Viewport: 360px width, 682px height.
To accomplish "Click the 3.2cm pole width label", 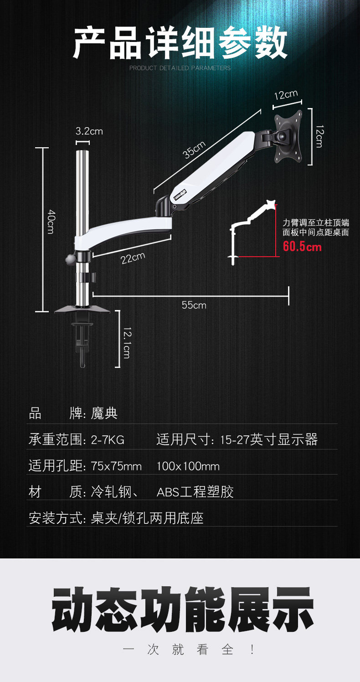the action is (x=89, y=131).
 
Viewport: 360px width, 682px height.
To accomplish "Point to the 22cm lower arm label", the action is (x=133, y=258).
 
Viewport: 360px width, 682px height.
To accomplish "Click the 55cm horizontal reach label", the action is (x=194, y=305).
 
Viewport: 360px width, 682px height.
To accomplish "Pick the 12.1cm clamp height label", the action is (x=127, y=342).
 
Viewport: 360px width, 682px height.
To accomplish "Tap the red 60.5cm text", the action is (x=302, y=247).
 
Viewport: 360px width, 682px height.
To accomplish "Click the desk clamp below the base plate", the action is (x=82, y=340).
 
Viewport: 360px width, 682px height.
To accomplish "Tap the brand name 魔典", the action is (x=104, y=413).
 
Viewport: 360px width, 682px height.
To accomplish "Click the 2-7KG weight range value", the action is (x=108, y=440).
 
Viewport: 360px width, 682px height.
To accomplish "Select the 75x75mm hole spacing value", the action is (x=116, y=466).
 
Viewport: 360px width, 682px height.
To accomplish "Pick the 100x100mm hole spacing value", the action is (x=188, y=466).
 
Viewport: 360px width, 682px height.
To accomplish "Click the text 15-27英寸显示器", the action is (x=268, y=440).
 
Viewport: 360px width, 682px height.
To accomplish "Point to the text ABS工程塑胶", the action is (x=195, y=492).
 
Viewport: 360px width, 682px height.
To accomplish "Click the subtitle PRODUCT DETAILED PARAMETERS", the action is (x=180, y=68).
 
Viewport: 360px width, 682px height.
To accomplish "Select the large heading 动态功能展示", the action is (x=182, y=609).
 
